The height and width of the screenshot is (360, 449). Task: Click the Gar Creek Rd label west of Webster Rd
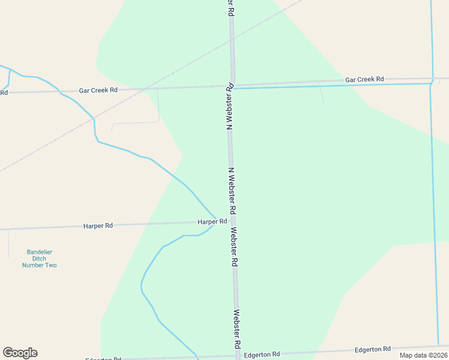pyautogui.click(x=98, y=90)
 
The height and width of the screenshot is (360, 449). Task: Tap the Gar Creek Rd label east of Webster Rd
pyautogui.click(x=364, y=79)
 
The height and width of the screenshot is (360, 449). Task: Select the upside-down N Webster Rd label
pyautogui.click(x=229, y=107)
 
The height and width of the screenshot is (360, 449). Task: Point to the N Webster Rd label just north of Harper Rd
pyautogui.click(x=231, y=191)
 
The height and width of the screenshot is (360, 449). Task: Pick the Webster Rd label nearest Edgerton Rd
pyautogui.click(x=237, y=330)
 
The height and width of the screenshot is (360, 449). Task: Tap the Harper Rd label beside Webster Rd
pyautogui.click(x=212, y=221)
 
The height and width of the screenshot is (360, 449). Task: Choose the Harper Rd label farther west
pyautogui.click(x=98, y=226)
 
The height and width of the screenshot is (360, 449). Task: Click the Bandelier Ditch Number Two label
pyautogui.click(x=39, y=258)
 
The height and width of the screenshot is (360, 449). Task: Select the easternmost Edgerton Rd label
pyautogui.click(x=372, y=349)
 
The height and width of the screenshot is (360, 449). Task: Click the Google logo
pyautogui.click(x=20, y=353)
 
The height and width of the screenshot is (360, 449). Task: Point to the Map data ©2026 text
pyautogui.click(x=423, y=355)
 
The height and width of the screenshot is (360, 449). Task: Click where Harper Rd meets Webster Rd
pyautogui.click(x=232, y=221)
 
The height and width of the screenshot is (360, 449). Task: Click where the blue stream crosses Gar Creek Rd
pyautogui.click(x=59, y=91)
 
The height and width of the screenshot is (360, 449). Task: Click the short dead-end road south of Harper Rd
pyautogui.click(x=9, y=243)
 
